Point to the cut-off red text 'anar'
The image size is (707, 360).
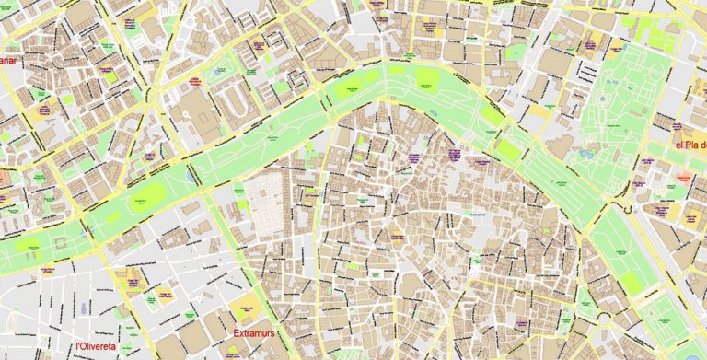(x=7, y=61)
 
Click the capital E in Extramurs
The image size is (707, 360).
(x=238, y=332)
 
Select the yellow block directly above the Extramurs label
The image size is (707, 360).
(x=247, y=306)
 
